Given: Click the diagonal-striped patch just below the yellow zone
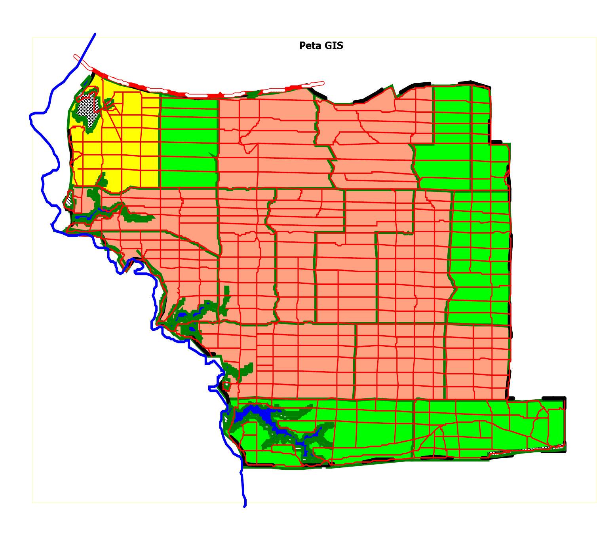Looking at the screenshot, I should tap(69, 198).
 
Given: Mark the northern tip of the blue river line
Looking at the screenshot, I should tap(95, 34).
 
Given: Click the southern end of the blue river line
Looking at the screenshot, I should tap(245, 506).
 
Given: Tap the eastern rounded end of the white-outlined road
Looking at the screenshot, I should tap(322, 83).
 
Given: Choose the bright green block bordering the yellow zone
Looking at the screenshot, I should tap(188, 142).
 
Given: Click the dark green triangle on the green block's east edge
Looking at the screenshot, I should tap(213, 155).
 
